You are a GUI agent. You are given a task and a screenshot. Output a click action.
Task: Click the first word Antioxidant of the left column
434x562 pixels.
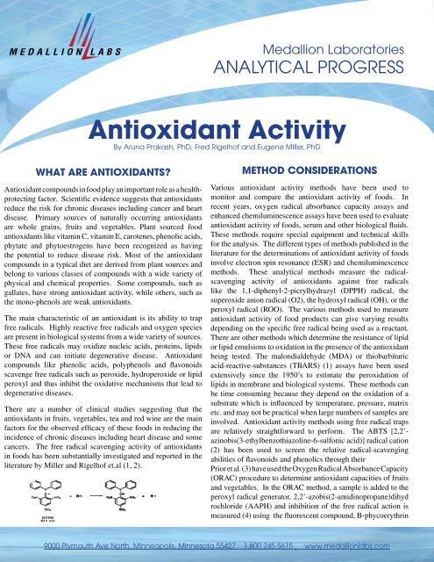[x=25, y=214]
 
